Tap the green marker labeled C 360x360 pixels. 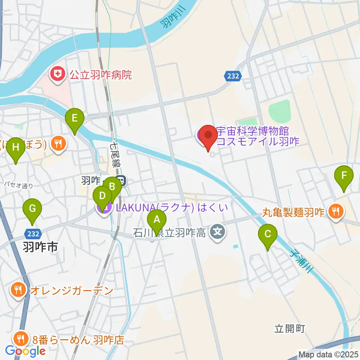tap(268, 235)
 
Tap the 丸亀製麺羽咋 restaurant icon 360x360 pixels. tap(334, 212)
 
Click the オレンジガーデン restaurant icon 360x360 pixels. tap(18, 290)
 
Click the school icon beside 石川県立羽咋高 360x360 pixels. tap(217, 232)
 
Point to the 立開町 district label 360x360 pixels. tap(289, 329)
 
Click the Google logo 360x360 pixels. tap(25, 351)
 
